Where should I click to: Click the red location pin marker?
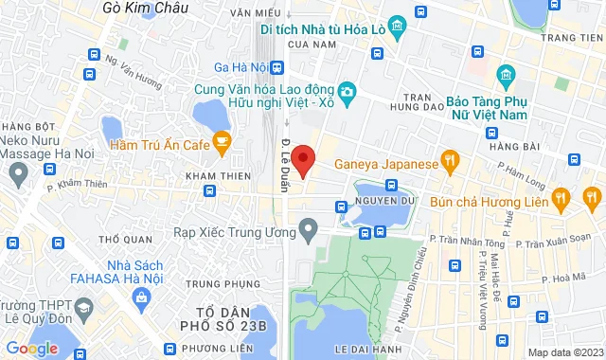[x=303, y=158]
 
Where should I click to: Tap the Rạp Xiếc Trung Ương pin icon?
[x=307, y=228]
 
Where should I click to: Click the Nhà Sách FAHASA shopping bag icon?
[x=141, y=299]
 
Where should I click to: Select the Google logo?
[x=31, y=348]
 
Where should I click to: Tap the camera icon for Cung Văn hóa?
[x=348, y=91]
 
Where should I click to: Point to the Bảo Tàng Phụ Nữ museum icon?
[x=505, y=75]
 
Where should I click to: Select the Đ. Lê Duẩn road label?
[x=285, y=167]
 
